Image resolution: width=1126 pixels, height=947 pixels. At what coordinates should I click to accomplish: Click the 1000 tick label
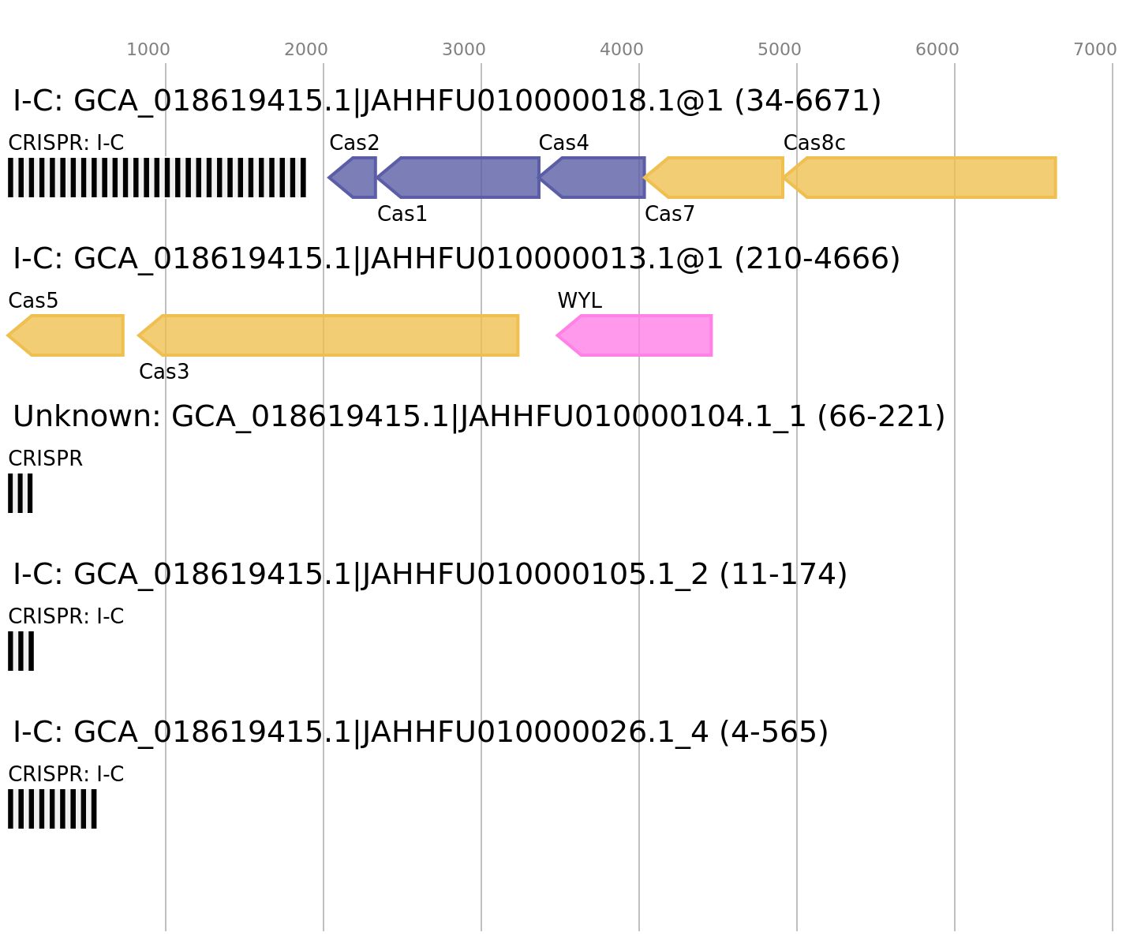pos(148,50)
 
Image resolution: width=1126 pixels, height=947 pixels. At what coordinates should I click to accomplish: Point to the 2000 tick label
pos(306,50)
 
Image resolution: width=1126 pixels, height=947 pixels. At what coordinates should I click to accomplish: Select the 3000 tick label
pos(464,50)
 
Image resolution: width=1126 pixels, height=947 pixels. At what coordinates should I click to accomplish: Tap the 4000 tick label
pos(622,50)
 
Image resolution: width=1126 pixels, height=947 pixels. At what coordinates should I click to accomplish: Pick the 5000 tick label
pos(780,50)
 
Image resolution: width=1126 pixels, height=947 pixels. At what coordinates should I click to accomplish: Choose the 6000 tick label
pos(937,50)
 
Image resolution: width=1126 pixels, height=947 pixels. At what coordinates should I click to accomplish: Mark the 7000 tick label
pos(1095,50)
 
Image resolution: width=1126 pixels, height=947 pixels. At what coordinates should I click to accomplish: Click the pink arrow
pos(639,335)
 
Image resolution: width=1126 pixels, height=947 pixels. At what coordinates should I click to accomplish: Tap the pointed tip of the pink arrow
pos(556,335)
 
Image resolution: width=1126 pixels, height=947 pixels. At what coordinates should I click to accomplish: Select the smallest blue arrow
pos(354,178)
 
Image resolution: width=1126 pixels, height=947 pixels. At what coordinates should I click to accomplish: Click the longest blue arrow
pos(462,178)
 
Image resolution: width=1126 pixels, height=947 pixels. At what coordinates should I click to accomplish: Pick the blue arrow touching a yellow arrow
pos(596,178)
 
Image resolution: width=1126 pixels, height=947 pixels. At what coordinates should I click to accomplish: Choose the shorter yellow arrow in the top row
pos(718,178)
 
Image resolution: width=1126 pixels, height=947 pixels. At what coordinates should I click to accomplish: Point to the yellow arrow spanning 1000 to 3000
pos(331,335)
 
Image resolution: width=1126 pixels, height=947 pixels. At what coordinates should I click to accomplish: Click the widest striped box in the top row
pos(157,178)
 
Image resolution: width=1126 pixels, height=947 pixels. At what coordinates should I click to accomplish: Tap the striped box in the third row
pos(21,493)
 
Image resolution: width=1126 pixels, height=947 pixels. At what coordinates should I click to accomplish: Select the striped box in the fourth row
pos(21,651)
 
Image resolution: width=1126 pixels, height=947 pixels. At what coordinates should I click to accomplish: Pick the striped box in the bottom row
pos(52,809)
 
